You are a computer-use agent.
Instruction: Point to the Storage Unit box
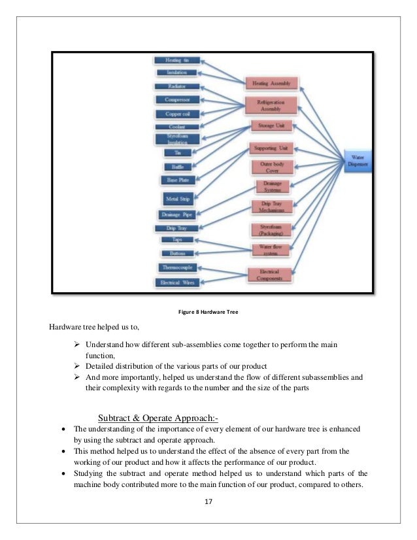271,126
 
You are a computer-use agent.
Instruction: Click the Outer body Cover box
271,167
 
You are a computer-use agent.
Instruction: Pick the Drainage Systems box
271,188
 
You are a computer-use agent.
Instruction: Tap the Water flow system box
271,250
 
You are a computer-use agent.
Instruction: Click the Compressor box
174,100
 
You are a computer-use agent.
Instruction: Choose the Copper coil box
174,114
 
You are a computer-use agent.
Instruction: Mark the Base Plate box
174,180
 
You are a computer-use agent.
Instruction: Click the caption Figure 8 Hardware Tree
208,311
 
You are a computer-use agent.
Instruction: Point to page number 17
208,502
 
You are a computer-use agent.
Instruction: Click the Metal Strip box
175,197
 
